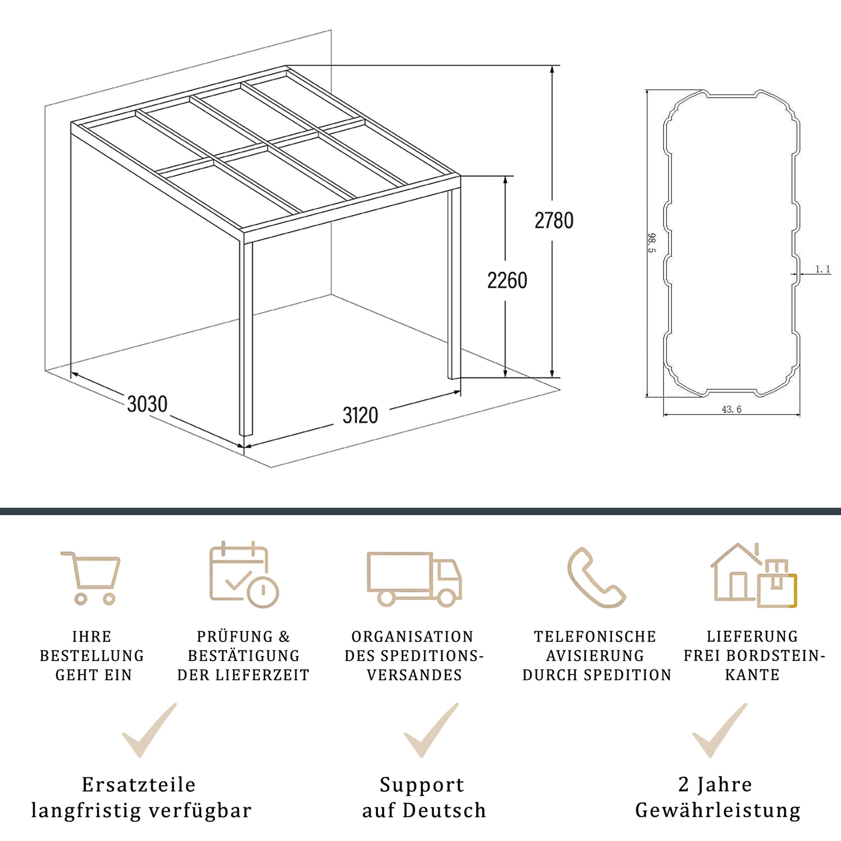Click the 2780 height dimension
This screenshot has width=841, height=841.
click(x=554, y=221)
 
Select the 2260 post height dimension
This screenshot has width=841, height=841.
click(x=507, y=280)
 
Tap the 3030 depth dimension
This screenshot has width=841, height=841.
click(x=147, y=404)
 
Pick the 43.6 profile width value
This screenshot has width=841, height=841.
click(x=732, y=409)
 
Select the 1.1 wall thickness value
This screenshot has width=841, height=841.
click(x=823, y=269)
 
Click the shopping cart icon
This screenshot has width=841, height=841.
click(x=91, y=578)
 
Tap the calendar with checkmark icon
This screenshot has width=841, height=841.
click(x=244, y=574)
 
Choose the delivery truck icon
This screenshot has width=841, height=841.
click(x=414, y=580)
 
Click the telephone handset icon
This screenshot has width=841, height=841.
click(x=597, y=577)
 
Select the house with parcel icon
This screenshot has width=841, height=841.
click(x=754, y=575)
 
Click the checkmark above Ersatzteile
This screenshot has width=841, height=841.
click(x=150, y=730)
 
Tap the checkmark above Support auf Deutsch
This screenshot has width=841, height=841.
click(x=431, y=730)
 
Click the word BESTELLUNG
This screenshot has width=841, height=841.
click(x=92, y=656)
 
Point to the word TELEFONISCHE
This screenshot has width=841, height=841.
click(x=595, y=637)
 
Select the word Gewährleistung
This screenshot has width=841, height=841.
click(x=718, y=810)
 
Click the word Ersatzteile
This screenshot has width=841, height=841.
click(x=139, y=784)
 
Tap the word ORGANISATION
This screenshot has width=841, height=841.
click(x=412, y=637)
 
